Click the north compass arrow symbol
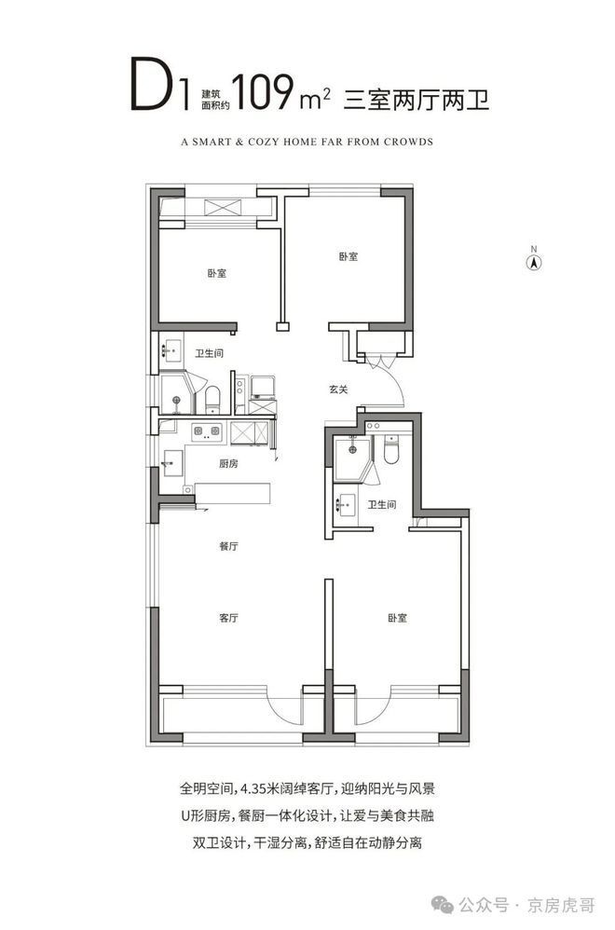pos(534,262)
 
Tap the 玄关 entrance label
pos(338,390)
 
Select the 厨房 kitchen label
pos(228,463)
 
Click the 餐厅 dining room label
pos(228,546)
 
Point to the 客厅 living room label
pos(228,618)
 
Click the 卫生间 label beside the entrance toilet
pos(381,505)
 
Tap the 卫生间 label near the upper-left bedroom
pos(210,353)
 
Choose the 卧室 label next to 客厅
pos(397,618)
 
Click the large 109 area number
pos(264,92)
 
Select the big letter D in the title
pos(153,84)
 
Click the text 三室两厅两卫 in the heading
pos(417,99)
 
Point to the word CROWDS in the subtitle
pos(409,142)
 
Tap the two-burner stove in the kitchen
pos(206,431)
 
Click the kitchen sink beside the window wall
pos(172,463)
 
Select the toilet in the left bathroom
pos(212,399)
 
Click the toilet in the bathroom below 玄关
pos(391,449)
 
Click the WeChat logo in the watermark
pos(443,905)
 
